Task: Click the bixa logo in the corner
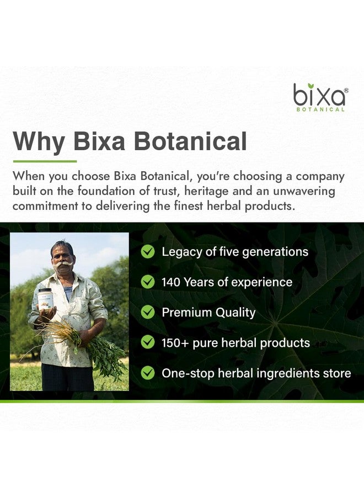[x=319, y=97]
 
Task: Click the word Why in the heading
[x=38, y=141]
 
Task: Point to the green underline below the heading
[x=45, y=161]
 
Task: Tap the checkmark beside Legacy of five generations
[x=147, y=252]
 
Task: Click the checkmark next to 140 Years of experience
[x=147, y=282]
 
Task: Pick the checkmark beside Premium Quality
[x=147, y=312]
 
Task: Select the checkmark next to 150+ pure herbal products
[x=147, y=342]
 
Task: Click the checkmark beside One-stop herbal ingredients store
[x=147, y=373]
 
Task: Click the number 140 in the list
[x=171, y=282]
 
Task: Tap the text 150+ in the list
[x=174, y=342]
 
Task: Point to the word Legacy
[x=180, y=252]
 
